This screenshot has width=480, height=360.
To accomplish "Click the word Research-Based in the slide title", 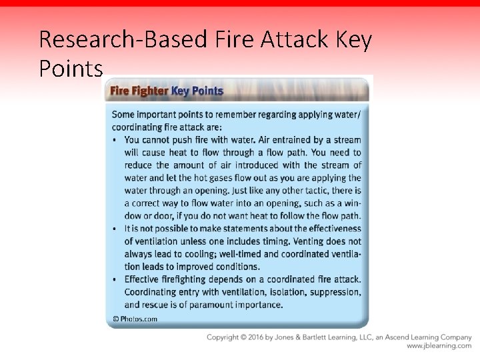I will (x=123, y=40).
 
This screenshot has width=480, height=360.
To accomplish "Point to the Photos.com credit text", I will (x=135, y=319).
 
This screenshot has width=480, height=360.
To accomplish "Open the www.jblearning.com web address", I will (x=439, y=346).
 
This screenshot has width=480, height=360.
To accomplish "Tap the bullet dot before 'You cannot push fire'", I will (x=115, y=140).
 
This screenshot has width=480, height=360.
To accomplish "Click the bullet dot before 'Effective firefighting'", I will (x=115, y=279).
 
